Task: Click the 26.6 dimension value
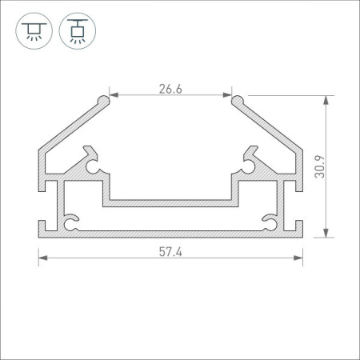click(170, 89)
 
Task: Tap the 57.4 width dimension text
click(170, 252)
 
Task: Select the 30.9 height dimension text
click(320, 166)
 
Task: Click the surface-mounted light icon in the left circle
click(34, 31)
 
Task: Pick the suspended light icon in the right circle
click(78, 31)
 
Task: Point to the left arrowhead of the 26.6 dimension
click(114, 95)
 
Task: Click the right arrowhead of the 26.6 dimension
click(227, 95)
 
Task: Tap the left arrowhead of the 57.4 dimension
click(43, 258)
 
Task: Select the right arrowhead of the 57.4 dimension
click(298, 258)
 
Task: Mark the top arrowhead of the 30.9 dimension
click(326, 100)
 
